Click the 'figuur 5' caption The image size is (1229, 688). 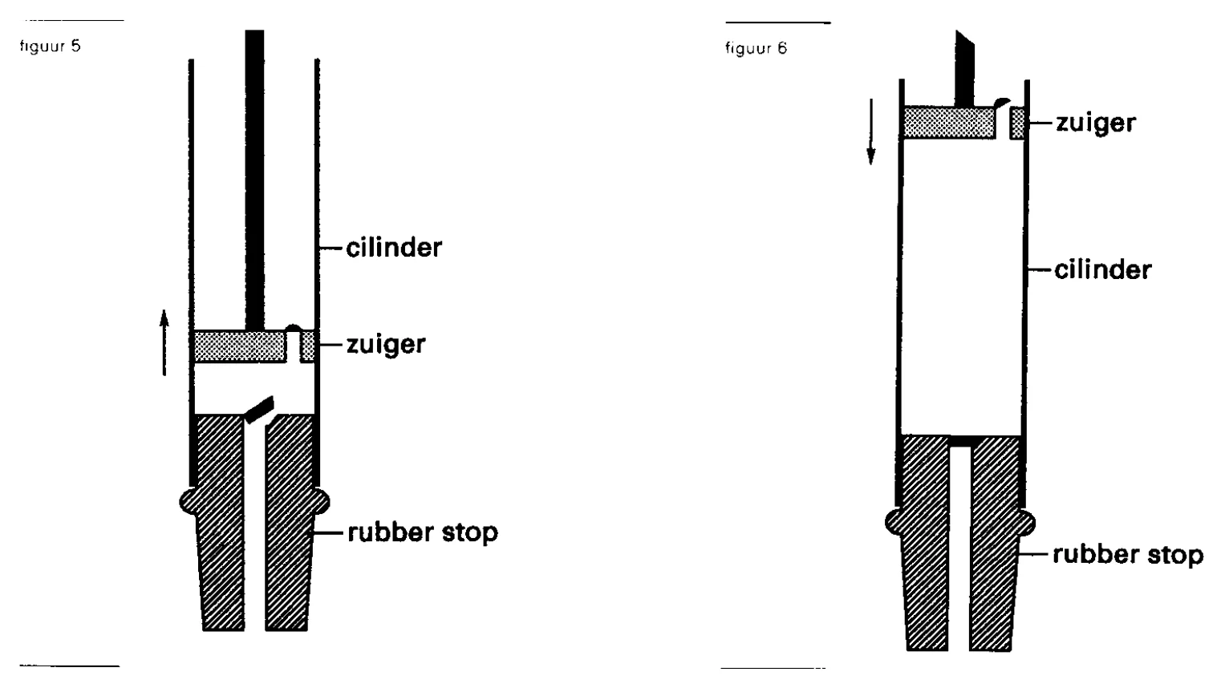(x=50, y=46)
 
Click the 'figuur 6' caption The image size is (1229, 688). (x=756, y=48)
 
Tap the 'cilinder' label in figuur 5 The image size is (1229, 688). (x=394, y=248)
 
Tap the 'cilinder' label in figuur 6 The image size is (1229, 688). (x=1103, y=269)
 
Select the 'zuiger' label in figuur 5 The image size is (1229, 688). (x=386, y=345)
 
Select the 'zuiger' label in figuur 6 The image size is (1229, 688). (x=1096, y=122)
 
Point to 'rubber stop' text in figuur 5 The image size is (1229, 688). (x=423, y=532)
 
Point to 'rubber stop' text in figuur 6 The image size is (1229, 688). (x=1128, y=554)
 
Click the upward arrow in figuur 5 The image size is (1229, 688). (x=164, y=342)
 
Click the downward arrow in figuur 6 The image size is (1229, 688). (x=870, y=132)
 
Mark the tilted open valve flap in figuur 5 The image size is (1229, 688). (x=259, y=410)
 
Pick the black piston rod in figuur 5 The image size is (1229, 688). (x=254, y=180)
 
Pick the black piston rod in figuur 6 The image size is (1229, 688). (x=964, y=68)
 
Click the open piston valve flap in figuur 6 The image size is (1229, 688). (x=1001, y=103)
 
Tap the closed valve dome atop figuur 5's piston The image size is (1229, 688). (x=294, y=328)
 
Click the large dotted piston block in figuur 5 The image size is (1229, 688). (x=240, y=346)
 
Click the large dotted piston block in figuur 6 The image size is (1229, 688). (x=949, y=122)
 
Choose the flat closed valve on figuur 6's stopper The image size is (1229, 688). (x=960, y=441)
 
